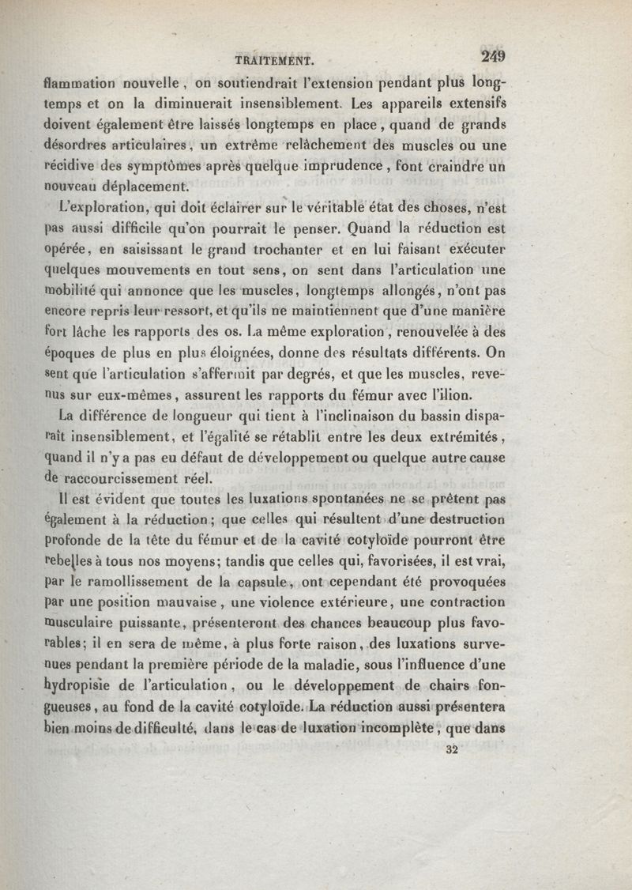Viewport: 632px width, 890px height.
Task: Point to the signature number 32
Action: (x=453, y=750)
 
